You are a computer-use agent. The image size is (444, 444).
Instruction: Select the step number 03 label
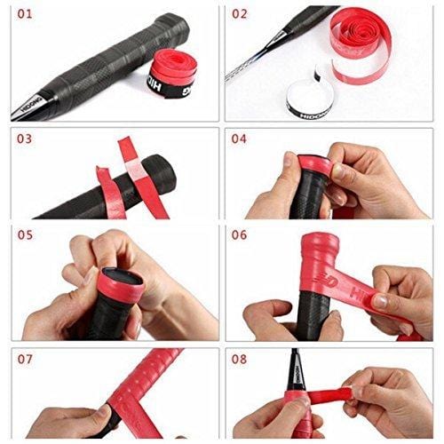(x=26, y=139)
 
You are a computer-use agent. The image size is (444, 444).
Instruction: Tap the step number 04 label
(x=240, y=139)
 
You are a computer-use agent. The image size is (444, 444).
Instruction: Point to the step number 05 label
(x=26, y=237)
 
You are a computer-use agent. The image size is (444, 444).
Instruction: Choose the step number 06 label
(x=240, y=237)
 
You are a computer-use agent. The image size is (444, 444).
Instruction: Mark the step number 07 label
(x=26, y=361)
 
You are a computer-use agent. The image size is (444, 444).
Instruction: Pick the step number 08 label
(x=240, y=361)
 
